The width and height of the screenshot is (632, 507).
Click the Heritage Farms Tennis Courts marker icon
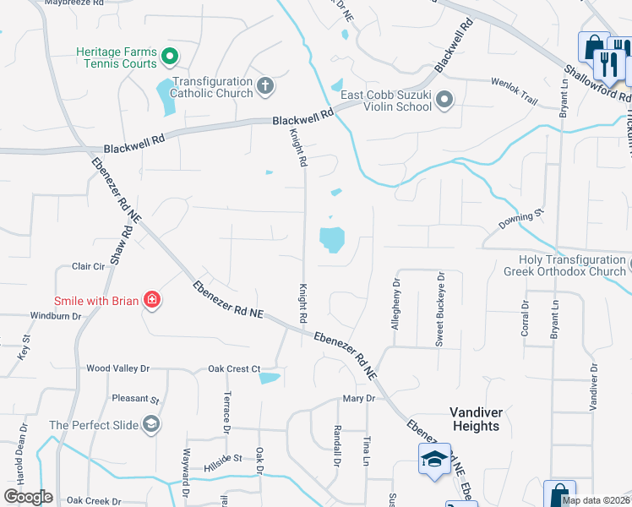click(x=169, y=57)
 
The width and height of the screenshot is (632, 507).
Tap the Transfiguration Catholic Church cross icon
click(x=264, y=85)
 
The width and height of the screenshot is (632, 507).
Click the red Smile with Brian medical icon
click(x=151, y=300)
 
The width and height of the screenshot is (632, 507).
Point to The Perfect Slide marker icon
click(x=151, y=424)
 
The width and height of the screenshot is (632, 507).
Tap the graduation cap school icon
click(x=434, y=459)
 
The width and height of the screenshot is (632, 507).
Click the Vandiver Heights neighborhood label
click(x=476, y=419)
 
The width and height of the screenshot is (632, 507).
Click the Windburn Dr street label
click(x=55, y=316)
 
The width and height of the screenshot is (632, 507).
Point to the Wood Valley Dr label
click(x=118, y=368)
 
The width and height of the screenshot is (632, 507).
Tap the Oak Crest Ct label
click(x=234, y=368)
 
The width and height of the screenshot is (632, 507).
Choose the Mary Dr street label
click(x=358, y=398)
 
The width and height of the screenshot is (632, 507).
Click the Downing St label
click(x=518, y=223)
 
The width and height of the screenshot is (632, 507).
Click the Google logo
click(x=28, y=497)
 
